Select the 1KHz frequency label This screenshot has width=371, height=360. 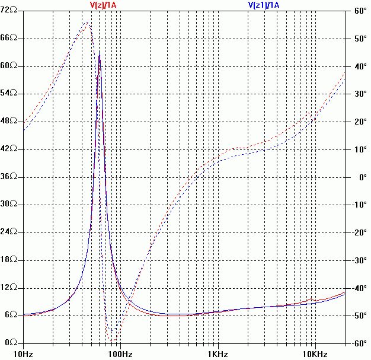pyautogui.click(x=218, y=354)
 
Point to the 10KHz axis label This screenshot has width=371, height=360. pyautogui.click(x=315, y=354)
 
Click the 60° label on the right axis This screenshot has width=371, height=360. pyautogui.click(x=360, y=11)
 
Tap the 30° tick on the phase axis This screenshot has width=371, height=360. pyautogui.click(x=360, y=94)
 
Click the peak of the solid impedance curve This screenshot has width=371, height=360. pyautogui.click(x=99, y=55)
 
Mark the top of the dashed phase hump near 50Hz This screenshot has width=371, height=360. pyautogui.click(x=88, y=23)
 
